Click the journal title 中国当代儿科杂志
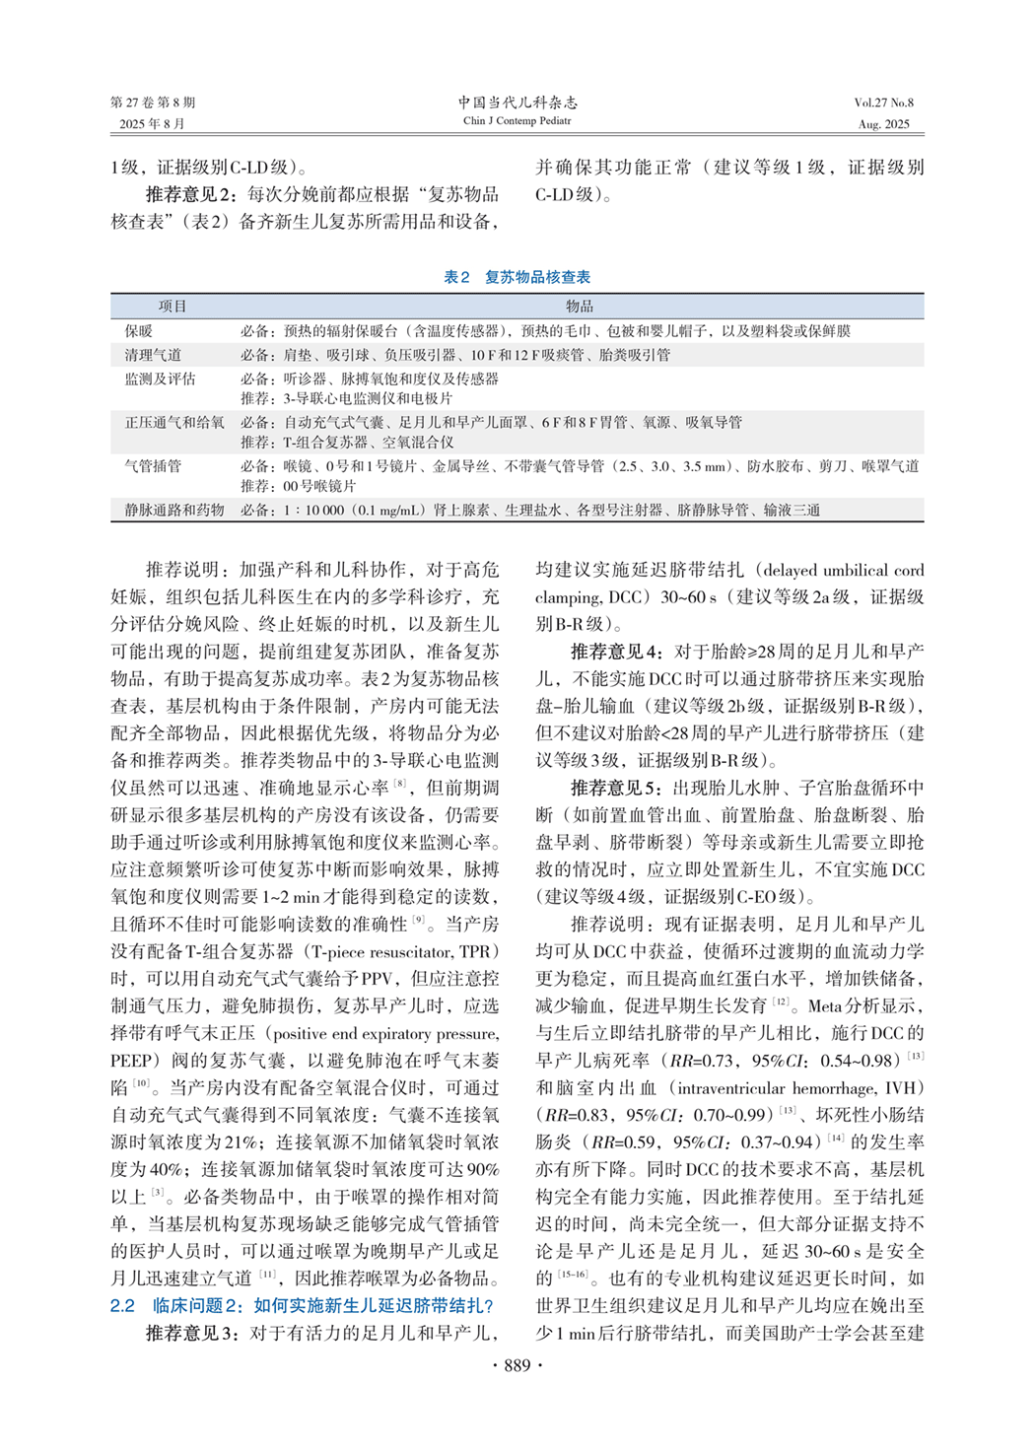(x=517, y=102)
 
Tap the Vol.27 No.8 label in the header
(x=883, y=103)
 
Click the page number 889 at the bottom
(x=517, y=1365)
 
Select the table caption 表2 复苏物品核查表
(x=517, y=277)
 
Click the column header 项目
(x=172, y=307)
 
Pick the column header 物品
(x=580, y=307)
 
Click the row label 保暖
(x=139, y=331)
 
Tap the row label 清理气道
(x=153, y=355)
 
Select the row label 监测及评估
(x=160, y=379)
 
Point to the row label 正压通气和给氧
(x=174, y=422)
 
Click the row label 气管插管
(x=153, y=465)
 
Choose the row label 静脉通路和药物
(x=174, y=510)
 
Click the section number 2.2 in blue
(x=122, y=1306)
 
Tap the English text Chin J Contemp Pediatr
(x=517, y=121)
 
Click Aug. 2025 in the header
(x=884, y=124)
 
